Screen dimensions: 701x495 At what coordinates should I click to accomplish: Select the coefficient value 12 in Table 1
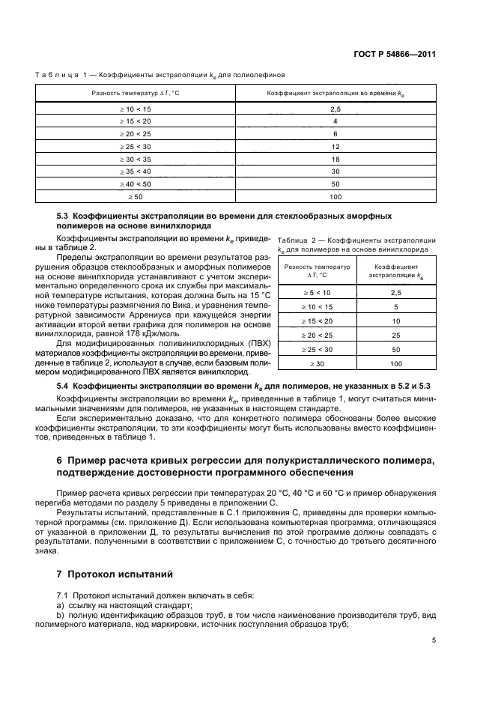[335, 146]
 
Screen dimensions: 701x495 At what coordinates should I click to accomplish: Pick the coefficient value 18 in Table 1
[335, 159]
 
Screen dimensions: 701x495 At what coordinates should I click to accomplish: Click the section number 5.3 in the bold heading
[64, 216]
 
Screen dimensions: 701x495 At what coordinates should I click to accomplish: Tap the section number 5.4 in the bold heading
[64, 384]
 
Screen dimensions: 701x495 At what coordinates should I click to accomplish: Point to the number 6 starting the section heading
[60, 459]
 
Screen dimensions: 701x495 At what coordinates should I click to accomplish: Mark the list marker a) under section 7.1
[60, 605]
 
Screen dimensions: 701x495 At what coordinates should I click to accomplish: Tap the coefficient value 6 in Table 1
[335, 133]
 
